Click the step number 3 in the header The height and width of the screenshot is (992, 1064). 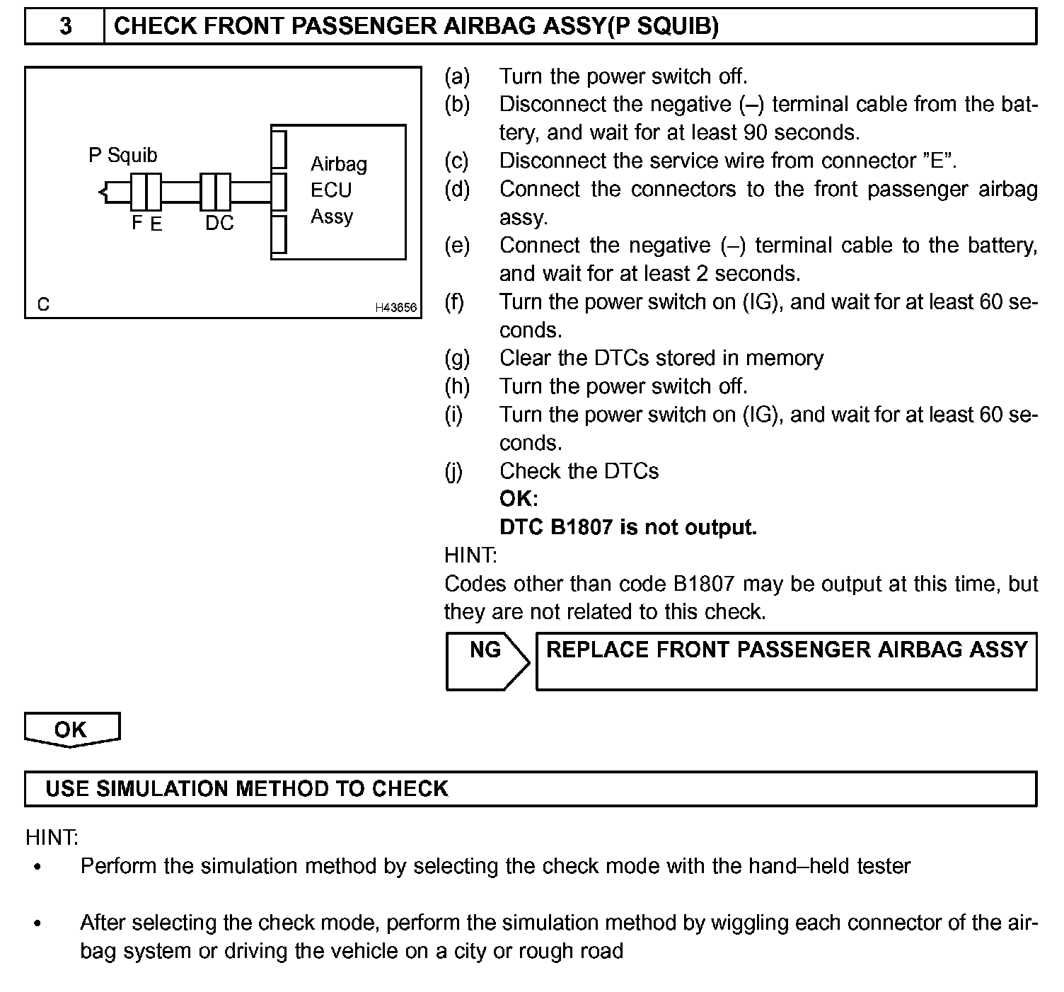click(x=65, y=27)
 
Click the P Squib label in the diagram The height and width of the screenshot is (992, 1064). click(x=122, y=155)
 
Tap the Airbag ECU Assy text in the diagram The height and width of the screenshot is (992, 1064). click(x=338, y=190)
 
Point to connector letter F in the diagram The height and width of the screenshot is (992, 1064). click(x=137, y=223)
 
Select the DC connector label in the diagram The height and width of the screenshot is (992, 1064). click(x=219, y=223)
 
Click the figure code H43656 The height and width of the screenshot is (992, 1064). click(x=395, y=308)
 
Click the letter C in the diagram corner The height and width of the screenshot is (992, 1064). click(x=44, y=305)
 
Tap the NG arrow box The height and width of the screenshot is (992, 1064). click(x=487, y=661)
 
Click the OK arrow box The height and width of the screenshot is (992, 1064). click(x=71, y=729)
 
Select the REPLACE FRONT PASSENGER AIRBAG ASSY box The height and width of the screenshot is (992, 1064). click(x=786, y=661)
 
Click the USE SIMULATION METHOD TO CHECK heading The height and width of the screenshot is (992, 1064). click(x=247, y=789)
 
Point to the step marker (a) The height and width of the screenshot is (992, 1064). click(x=457, y=76)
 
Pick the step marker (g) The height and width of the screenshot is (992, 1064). click(x=457, y=358)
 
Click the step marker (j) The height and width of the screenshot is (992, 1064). click(x=454, y=471)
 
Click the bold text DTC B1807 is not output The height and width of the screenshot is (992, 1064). click(x=628, y=527)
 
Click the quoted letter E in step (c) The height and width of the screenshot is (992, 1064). click(x=937, y=161)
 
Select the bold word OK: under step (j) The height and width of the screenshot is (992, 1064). click(x=519, y=499)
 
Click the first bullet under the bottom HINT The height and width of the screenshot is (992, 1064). click(x=37, y=867)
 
